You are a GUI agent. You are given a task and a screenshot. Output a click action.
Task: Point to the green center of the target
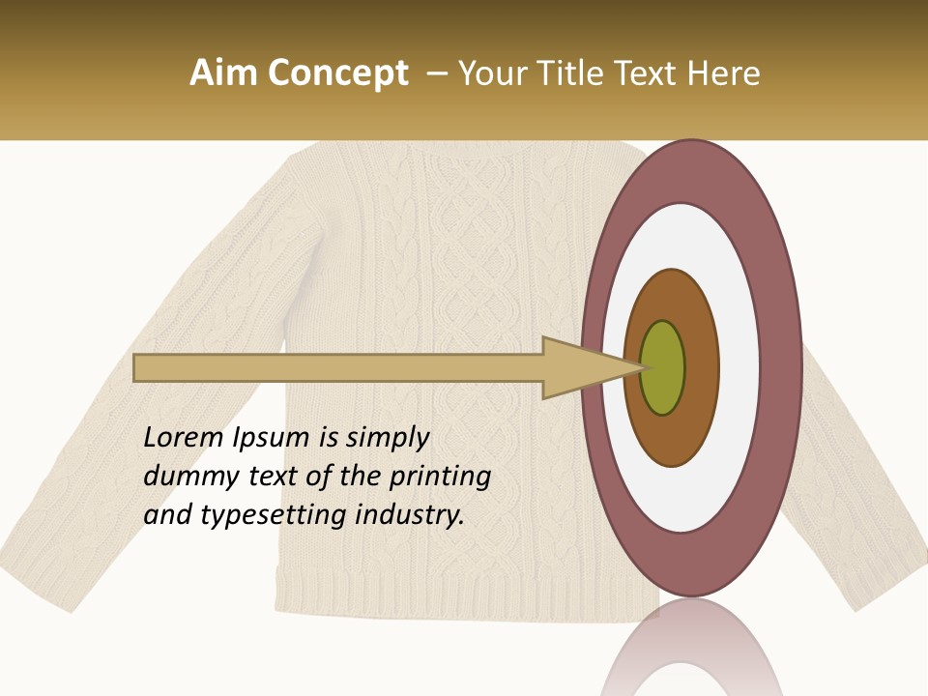click(663, 367)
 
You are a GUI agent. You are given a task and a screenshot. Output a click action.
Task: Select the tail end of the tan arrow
click(140, 367)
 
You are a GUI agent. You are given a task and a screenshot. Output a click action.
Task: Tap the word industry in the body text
click(409, 515)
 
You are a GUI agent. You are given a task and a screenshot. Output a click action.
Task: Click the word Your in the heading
click(489, 73)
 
